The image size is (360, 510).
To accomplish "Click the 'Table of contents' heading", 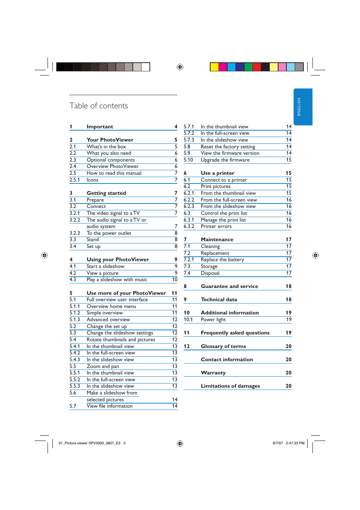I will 98,106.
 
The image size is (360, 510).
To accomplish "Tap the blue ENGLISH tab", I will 303,107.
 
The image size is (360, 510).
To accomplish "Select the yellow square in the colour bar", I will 214,67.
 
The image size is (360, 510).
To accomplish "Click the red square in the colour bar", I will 257,67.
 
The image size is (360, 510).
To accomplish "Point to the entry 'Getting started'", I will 106,193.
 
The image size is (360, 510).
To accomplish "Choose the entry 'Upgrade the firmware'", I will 225,160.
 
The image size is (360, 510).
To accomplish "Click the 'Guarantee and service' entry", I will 229,287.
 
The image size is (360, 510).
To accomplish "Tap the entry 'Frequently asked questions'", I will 235,333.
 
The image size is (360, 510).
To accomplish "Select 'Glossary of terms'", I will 223,346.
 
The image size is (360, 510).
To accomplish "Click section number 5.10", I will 188,160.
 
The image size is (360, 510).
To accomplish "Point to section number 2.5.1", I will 74,180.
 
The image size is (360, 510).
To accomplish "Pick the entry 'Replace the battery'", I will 222,260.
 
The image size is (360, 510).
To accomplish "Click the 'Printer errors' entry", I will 216,226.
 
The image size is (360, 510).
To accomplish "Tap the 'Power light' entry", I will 213,320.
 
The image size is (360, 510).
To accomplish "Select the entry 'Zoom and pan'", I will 103,367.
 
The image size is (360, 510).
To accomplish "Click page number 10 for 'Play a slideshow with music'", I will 175,280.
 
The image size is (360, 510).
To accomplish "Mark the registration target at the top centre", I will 180,67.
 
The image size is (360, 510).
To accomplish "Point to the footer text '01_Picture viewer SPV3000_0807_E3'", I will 89,443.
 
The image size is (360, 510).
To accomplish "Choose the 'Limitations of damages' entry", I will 230,386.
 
